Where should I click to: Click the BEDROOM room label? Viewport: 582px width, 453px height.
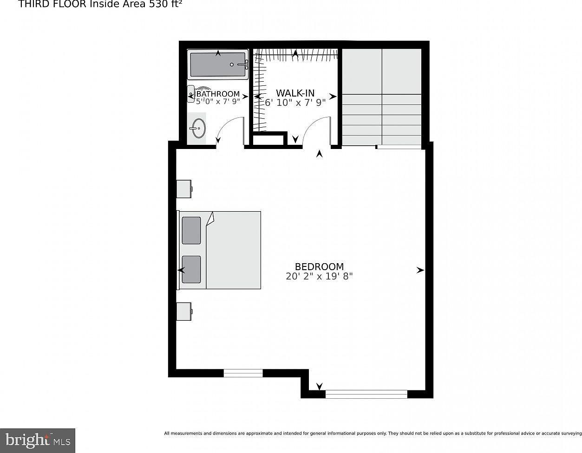(319, 266)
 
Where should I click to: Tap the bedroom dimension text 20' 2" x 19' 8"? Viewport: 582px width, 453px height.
(319, 276)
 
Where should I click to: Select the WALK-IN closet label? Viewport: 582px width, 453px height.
(295, 93)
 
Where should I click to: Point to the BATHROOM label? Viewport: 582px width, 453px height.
(218, 94)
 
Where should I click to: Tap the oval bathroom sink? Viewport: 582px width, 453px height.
(198, 128)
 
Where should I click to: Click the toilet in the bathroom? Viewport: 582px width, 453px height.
(191, 94)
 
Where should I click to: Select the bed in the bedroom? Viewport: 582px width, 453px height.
(220, 250)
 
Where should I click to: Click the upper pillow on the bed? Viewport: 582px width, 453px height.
(191, 230)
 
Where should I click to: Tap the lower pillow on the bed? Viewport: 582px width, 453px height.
(191, 270)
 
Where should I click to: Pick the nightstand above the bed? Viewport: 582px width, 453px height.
(184, 188)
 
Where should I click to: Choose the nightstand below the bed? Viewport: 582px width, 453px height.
(184, 311)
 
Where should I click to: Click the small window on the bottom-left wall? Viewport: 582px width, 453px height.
(243, 373)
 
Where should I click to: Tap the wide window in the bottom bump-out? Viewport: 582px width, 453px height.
(366, 394)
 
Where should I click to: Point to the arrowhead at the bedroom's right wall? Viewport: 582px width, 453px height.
(420, 270)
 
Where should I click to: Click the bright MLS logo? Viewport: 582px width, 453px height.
(38, 440)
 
